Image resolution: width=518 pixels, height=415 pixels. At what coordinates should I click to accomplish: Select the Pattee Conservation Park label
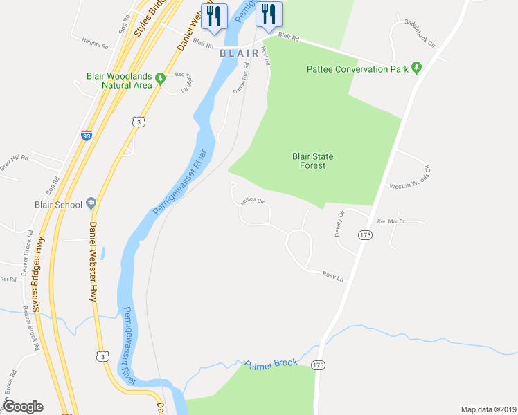pyautogui.click(x=357, y=69)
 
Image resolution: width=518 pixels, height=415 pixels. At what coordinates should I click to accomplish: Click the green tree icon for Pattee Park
pyautogui.click(x=416, y=68)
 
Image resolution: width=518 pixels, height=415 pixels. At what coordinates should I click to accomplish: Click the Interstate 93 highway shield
pyautogui.click(x=87, y=136)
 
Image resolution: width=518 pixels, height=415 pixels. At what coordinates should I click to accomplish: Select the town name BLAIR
pyautogui.click(x=240, y=53)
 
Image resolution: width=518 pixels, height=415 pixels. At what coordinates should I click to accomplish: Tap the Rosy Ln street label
pyautogui.click(x=333, y=275)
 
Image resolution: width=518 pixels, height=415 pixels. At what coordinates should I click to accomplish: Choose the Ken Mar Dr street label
pyautogui.click(x=391, y=222)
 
